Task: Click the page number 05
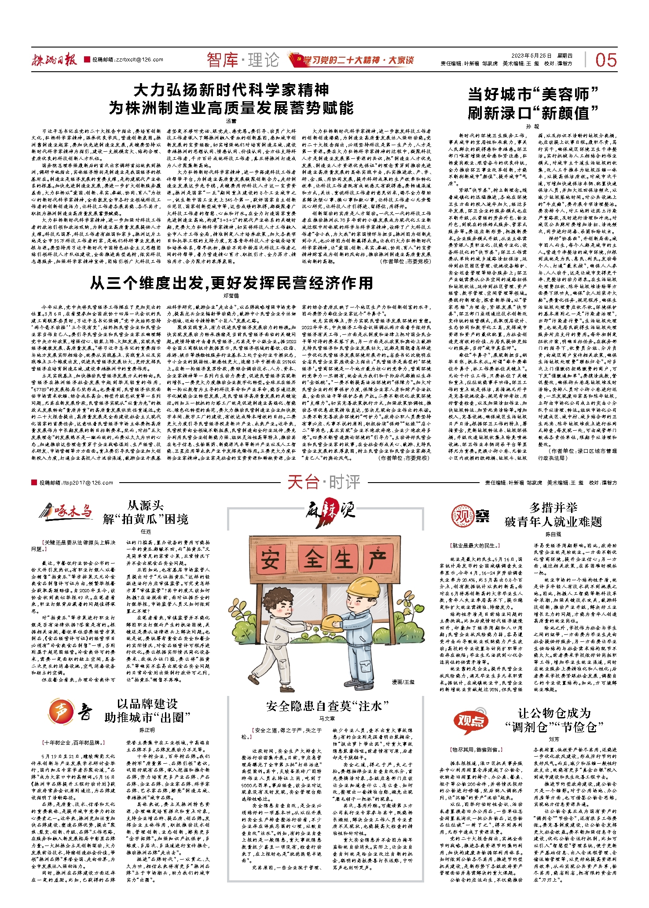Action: [606, 60]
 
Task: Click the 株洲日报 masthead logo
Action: [54, 59]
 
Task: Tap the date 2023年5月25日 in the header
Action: [531, 56]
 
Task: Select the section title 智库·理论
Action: [243, 60]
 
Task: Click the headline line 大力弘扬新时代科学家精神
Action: [231, 90]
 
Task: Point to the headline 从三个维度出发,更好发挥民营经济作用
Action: [231, 283]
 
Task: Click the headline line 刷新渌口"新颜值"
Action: [533, 113]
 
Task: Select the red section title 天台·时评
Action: [324, 482]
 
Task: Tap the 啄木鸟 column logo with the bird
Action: [66, 512]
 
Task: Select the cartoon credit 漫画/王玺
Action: [403, 681]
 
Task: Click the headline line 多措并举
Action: [553, 508]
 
